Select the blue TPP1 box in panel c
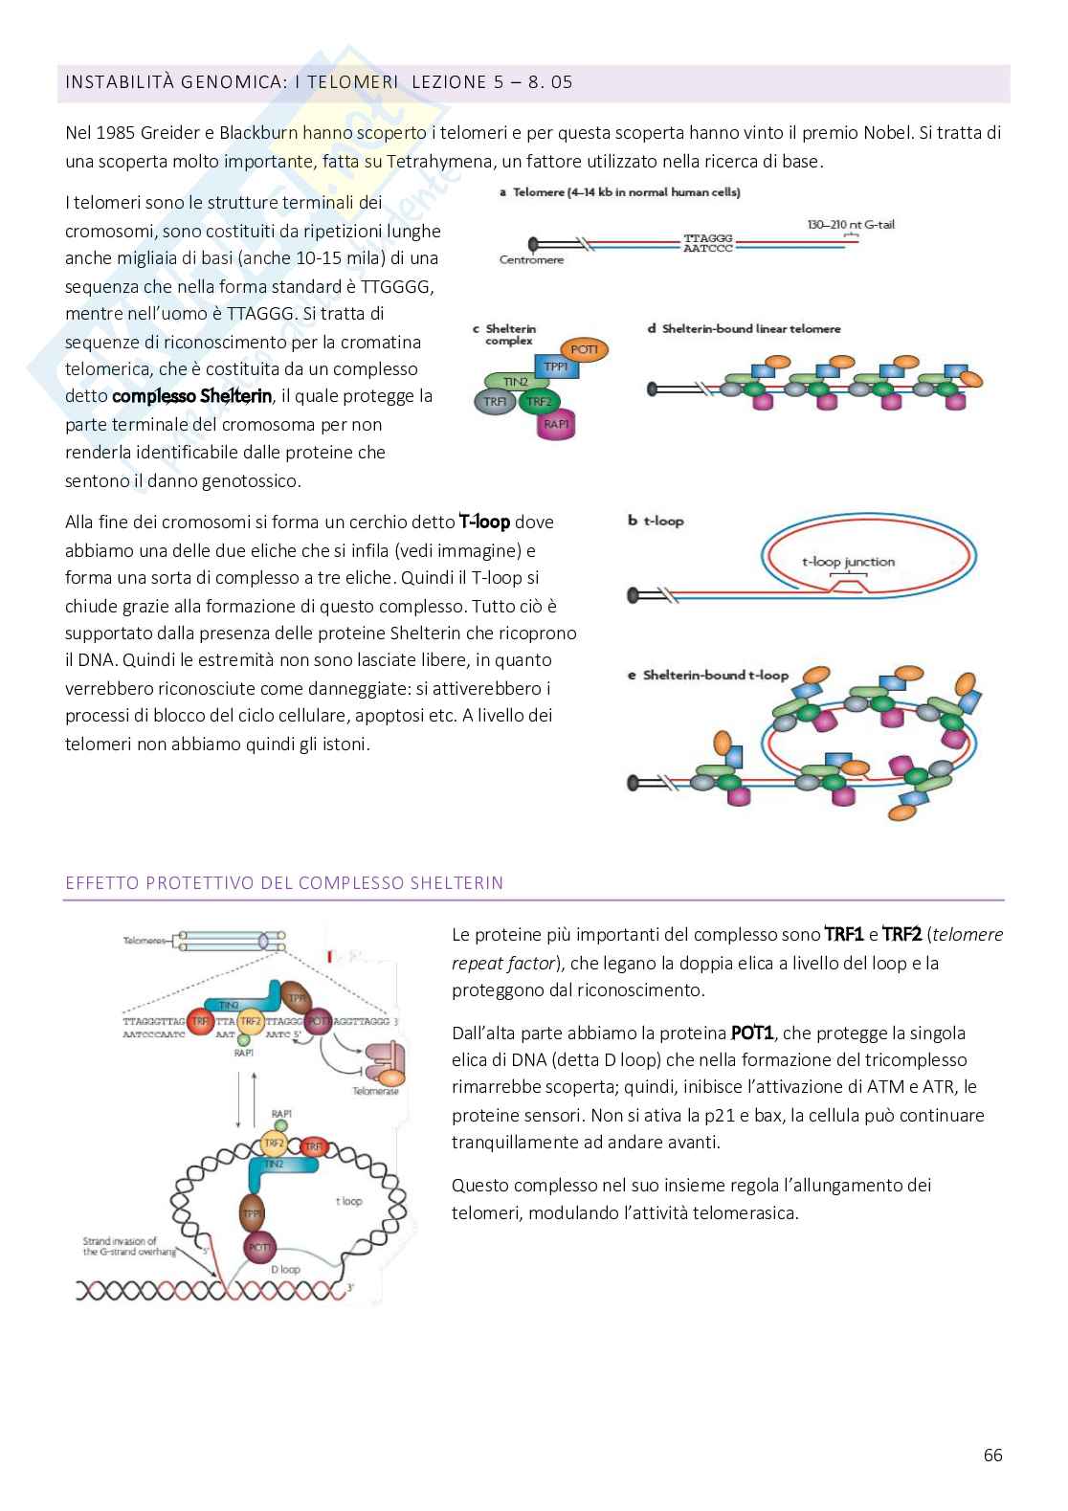[556, 368]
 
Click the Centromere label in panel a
[531, 259]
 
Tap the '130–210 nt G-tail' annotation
[851, 225]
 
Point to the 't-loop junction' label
[848, 562]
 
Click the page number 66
[992, 1455]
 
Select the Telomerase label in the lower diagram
[375, 1091]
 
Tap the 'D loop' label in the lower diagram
[285, 1269]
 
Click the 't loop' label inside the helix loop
[348, 1200]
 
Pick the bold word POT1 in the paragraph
[754, 1033]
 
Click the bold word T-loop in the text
[484, 522]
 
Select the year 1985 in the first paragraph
[112, 133]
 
